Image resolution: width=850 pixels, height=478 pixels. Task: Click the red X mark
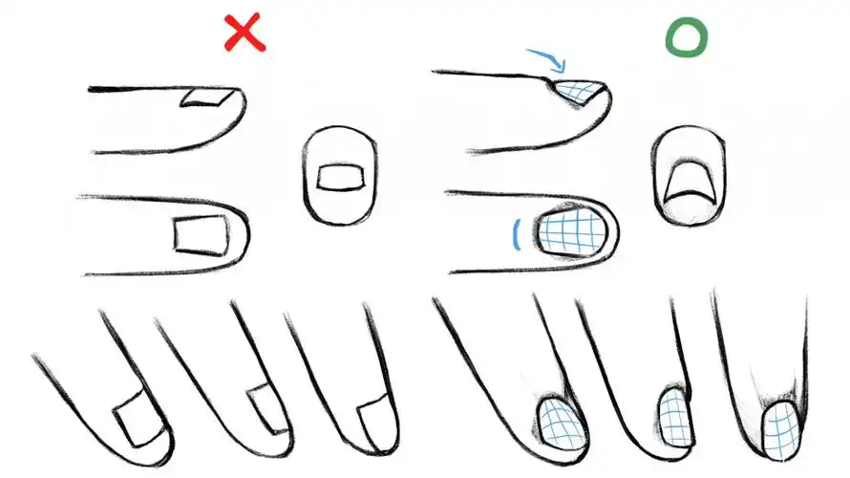244,33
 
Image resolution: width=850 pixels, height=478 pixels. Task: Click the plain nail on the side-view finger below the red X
204,96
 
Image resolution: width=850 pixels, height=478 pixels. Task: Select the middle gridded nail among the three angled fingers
674,416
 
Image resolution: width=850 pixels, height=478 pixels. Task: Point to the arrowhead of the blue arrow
562,69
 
